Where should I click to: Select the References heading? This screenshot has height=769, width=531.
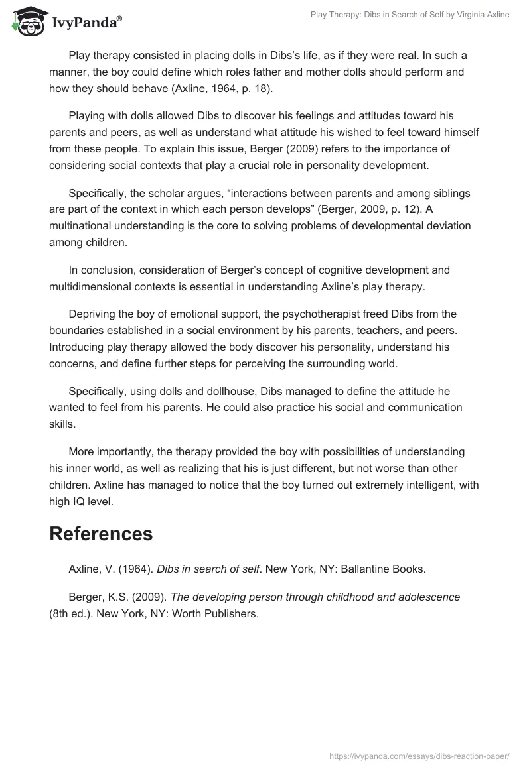point(101,534)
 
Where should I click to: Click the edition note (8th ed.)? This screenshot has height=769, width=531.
point(70,613)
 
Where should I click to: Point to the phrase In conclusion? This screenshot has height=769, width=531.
point(100,270)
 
